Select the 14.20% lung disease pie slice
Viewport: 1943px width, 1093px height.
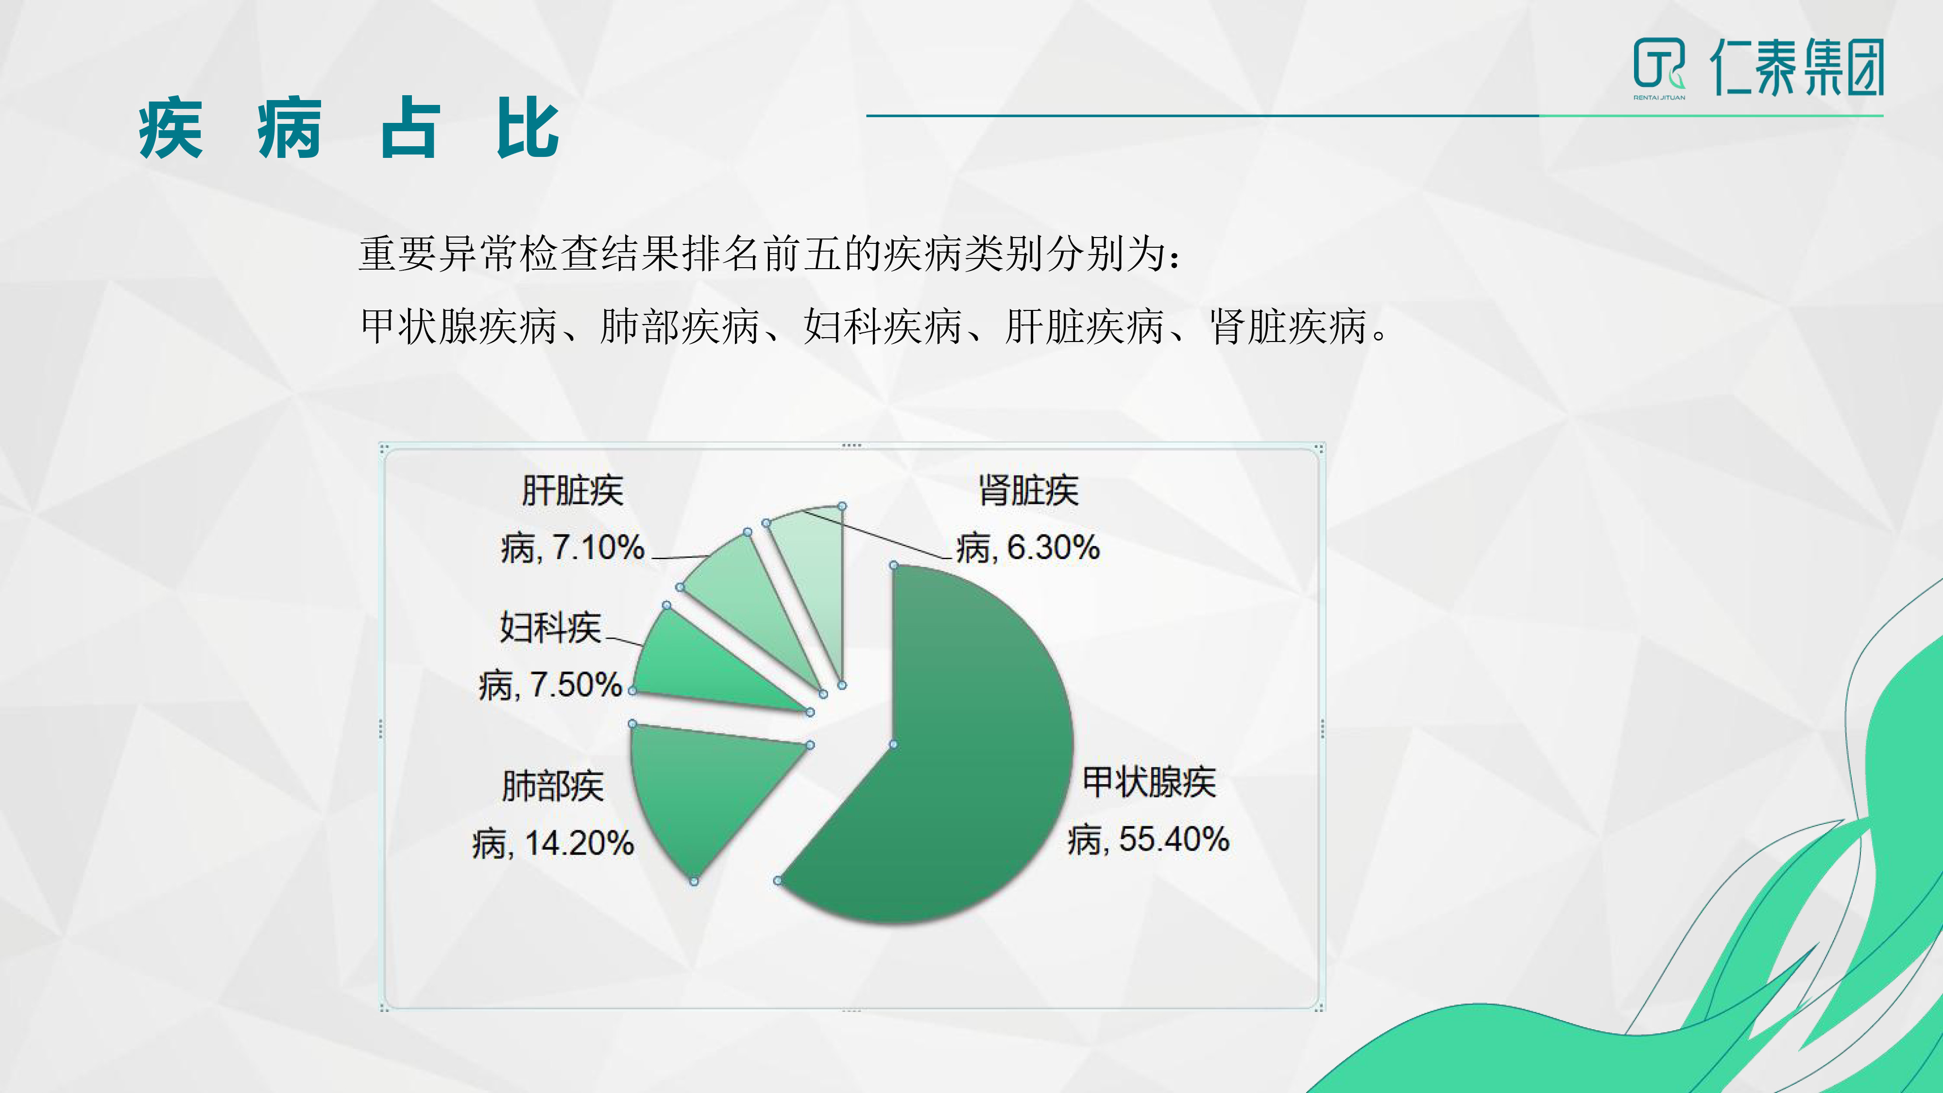(x=701, y=785)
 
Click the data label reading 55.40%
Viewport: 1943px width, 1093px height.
(x=1174, y=839)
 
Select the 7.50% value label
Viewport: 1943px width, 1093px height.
(x=576, y=685)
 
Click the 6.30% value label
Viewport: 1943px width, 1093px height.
(x=1053, y=547)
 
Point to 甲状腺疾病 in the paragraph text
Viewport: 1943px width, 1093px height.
(x=459, y=326)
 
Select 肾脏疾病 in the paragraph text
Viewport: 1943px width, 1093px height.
(x=1288, y=326)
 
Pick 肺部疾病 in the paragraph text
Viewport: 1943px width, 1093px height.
(x=680, y=326)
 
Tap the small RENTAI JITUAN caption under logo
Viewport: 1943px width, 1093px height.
(x=1659, y=97)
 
